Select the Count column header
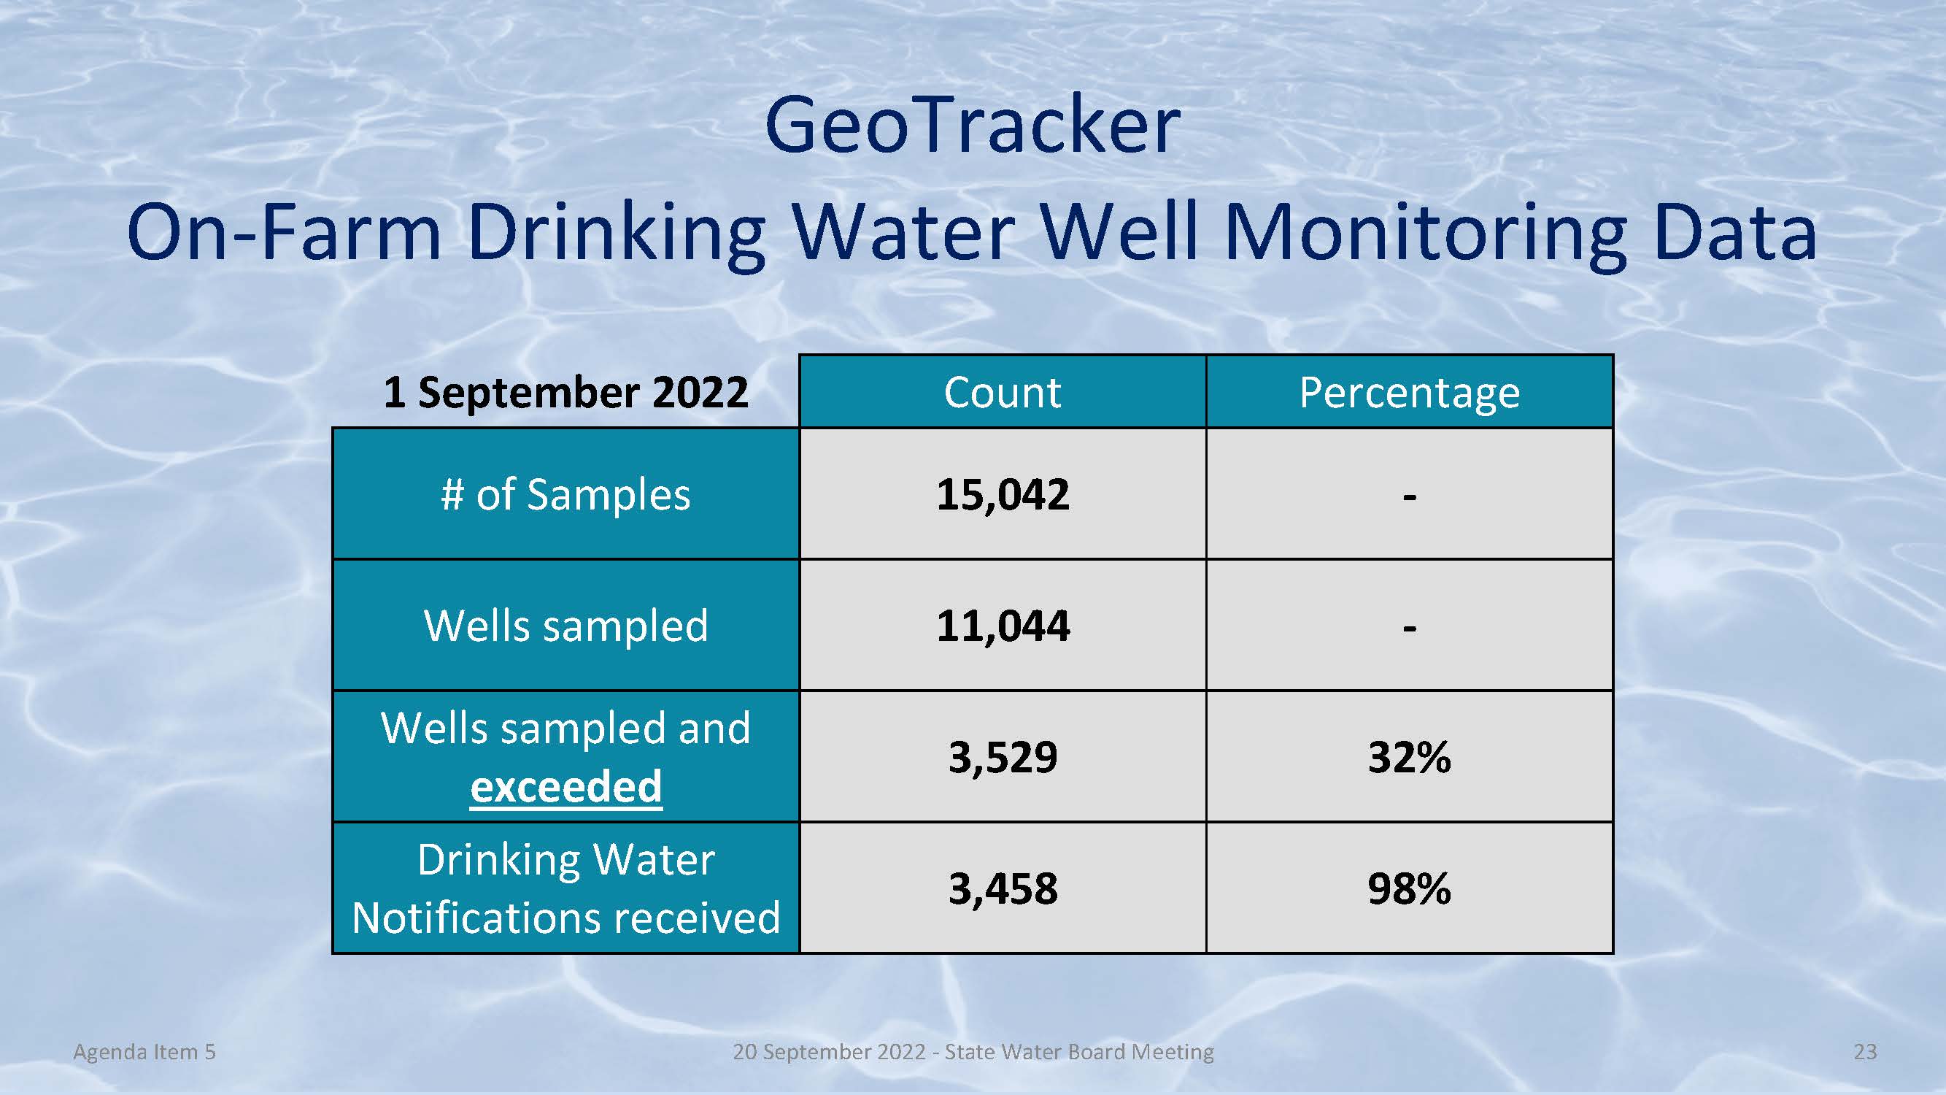tap(1003, 392)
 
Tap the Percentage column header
tap(1410, 393)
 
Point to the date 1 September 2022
tap(565, 392)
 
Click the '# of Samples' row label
tap(565, 495)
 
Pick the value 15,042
tap(1003, 495)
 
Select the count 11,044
tap(1003, 626)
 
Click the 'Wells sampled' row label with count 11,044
tap(565, 626)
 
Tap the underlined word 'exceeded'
tap(565, 787)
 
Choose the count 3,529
tap(1003, 758)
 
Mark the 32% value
tap(1410, 757)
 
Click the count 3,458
tap(1003, 888)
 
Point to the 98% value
tap(1410, 888)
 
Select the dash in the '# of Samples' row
tap(1410, 497)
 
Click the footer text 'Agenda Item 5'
tap(144, 1052)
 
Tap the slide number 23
tap(1865, 1052)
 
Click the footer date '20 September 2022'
tap(830, 1053)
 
